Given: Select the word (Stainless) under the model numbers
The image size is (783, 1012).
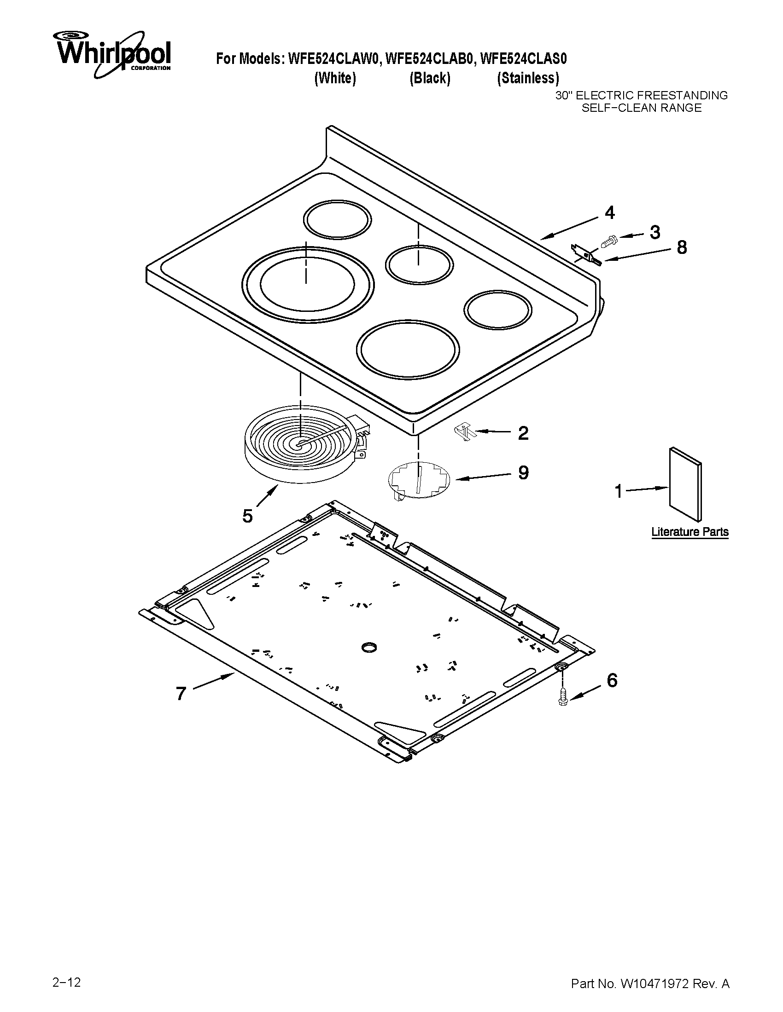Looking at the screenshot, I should [528, 78].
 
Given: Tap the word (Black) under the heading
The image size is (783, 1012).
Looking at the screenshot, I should [430, 78].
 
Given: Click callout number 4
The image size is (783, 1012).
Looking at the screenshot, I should [609, 213].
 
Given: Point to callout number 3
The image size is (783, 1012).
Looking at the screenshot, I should [654, 232].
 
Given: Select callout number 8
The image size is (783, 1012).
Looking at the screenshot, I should [681, 247].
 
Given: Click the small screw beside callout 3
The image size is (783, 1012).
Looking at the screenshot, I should [608, 241].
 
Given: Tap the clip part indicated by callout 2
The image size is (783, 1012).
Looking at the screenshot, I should [463, 432].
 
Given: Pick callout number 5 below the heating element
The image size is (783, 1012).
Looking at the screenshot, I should [247, 516].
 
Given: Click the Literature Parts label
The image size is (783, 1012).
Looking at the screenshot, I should [690, 532].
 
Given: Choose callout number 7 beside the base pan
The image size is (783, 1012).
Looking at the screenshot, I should [181, 694].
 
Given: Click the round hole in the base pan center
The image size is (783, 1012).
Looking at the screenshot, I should [369, 647].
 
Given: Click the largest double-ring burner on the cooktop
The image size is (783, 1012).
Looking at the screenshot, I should [308, 283].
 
